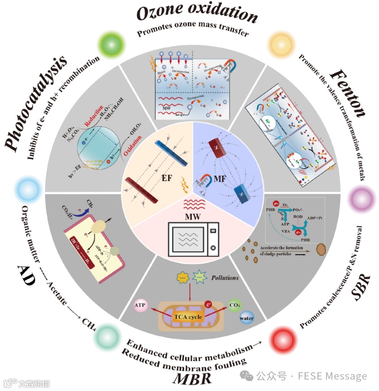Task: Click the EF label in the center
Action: click(166, 178)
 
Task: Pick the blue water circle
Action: click(247, 318)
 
